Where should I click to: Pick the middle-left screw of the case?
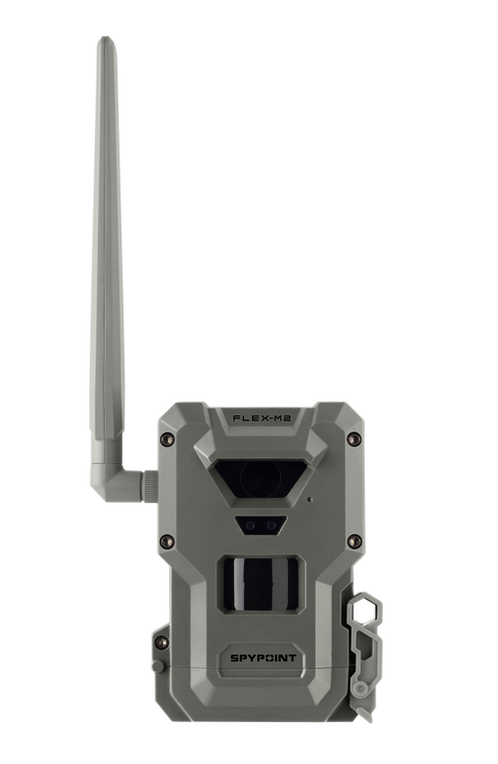[x=166, y=542]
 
